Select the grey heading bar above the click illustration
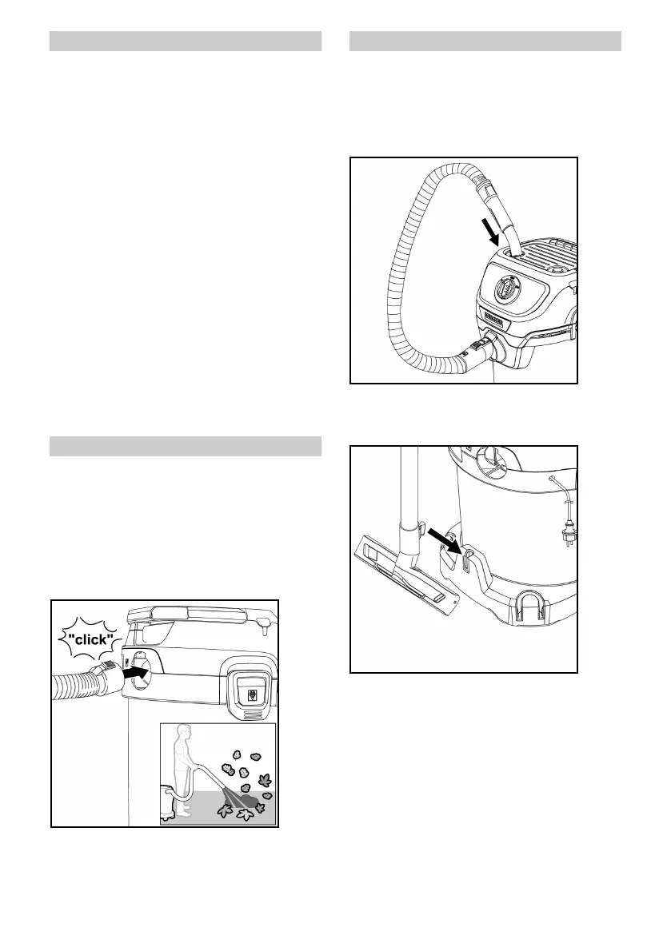(x=186, y=446)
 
